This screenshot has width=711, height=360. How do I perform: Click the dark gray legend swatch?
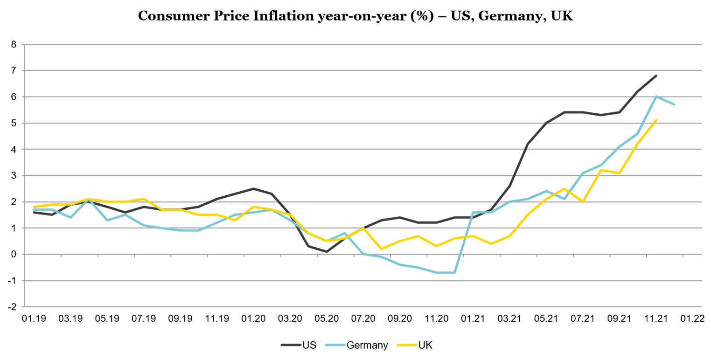pyautogui.click(x=291, y=345)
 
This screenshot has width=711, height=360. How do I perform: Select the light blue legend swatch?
pyautogui.click(x=335, y=345)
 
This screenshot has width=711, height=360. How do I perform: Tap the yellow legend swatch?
pyautogui.click(x=406, y=345)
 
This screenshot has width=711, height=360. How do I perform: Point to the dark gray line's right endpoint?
pyautogui.click(x=656, y=75)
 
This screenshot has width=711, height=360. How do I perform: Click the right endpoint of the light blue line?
pyautogui.click(x=675, y=104)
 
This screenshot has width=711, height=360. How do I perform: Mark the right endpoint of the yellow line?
pyautogui.click(x=656, y=120)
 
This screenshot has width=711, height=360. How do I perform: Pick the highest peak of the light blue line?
pyautogui.click(x=656, y=96)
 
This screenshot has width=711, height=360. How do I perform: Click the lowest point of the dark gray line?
pyautogui.click(x=327, y=252)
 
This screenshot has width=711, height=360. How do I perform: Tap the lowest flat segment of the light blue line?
pyautogui.click(x=446, y=272)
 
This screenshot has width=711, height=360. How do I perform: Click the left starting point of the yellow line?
pyautogui.click(x=34, y=206)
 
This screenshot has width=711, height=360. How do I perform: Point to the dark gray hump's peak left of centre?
pyautogui.click(x=253, y=188)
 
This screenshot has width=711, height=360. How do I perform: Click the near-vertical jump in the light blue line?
pyautogui.click(x=464, y=242)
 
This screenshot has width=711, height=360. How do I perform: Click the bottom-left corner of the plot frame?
pyautogui.click(x=23, y=306)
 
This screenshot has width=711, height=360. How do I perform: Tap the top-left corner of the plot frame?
pyautogui.click(x=23, y=44)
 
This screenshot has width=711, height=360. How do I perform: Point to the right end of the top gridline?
pyautogui.click(x=701, y=44)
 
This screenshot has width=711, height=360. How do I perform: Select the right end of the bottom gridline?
pyautogui.click(x=701, y=306)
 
